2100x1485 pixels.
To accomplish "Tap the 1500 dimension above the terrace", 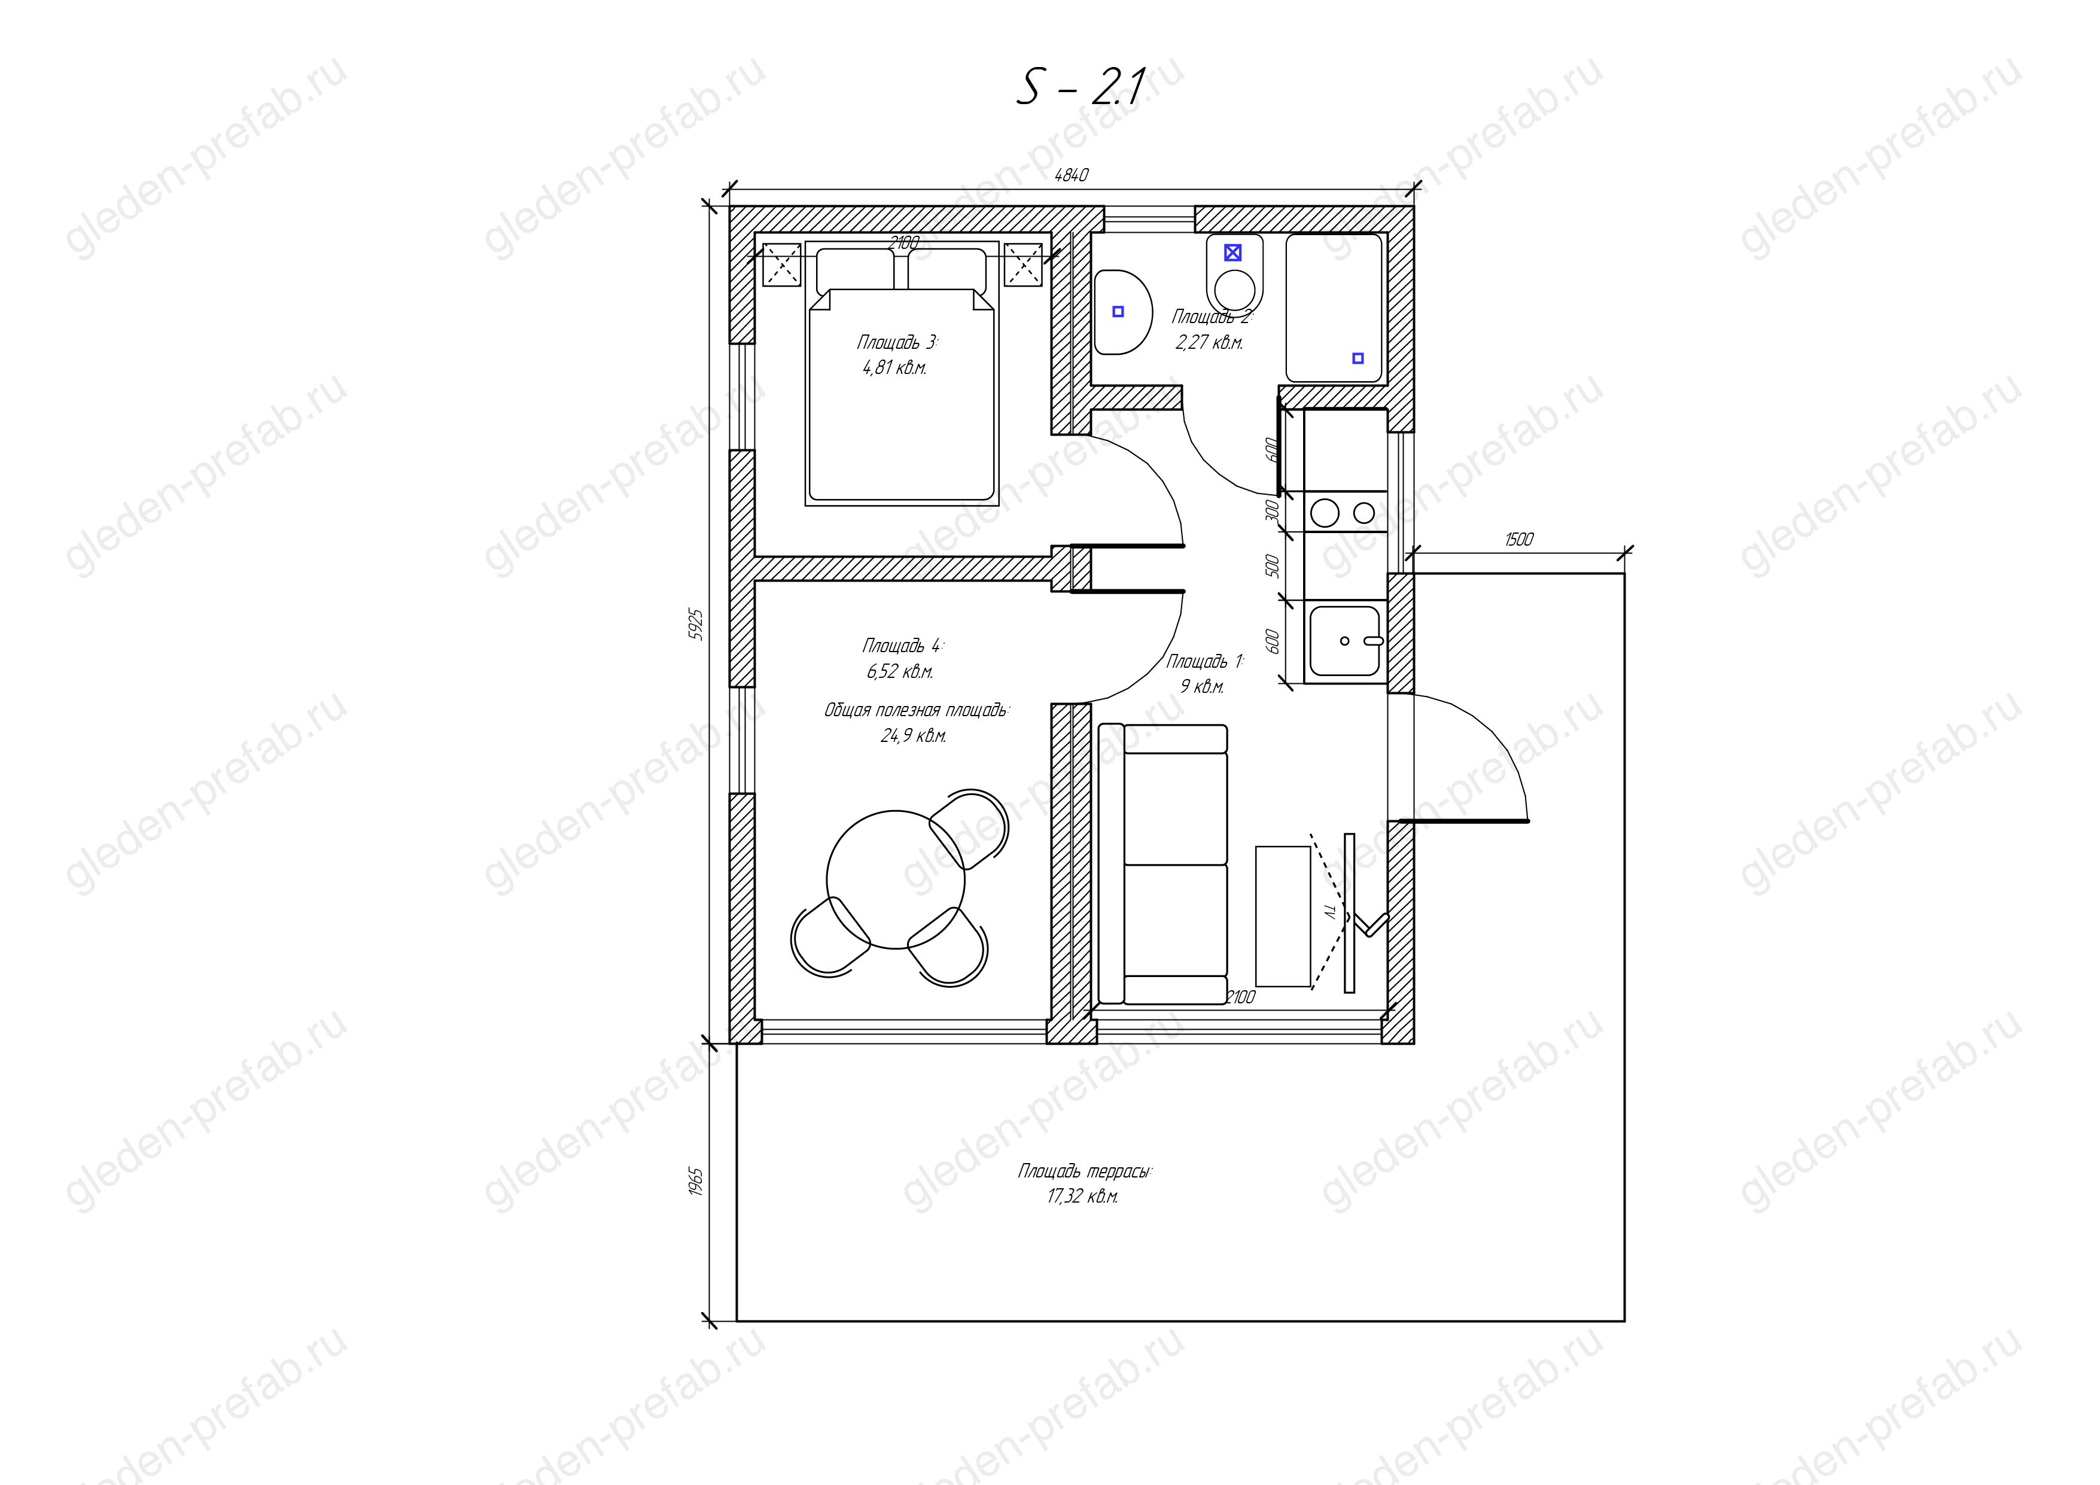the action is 1518,540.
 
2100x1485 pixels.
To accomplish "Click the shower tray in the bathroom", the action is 1334,308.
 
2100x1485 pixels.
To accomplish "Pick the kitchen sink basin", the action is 1344,640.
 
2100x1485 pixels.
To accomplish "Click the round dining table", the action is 896,880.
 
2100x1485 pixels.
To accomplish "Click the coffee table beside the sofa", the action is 1283,916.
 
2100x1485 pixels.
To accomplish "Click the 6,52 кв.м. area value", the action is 900,672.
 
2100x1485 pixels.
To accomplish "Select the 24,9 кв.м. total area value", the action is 913,736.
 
